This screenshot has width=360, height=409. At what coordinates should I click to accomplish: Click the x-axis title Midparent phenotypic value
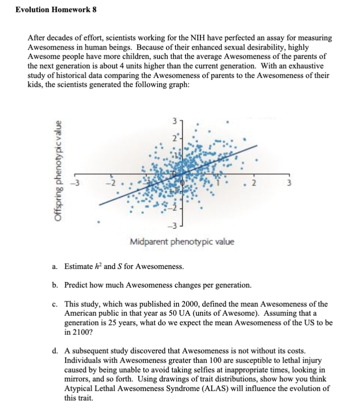click(182, 241)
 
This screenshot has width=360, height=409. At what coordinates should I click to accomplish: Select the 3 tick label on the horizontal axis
click(288, 183)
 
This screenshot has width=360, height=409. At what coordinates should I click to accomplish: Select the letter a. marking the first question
click(55, 266)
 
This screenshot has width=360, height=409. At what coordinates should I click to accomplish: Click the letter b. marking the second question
click(55, 285)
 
